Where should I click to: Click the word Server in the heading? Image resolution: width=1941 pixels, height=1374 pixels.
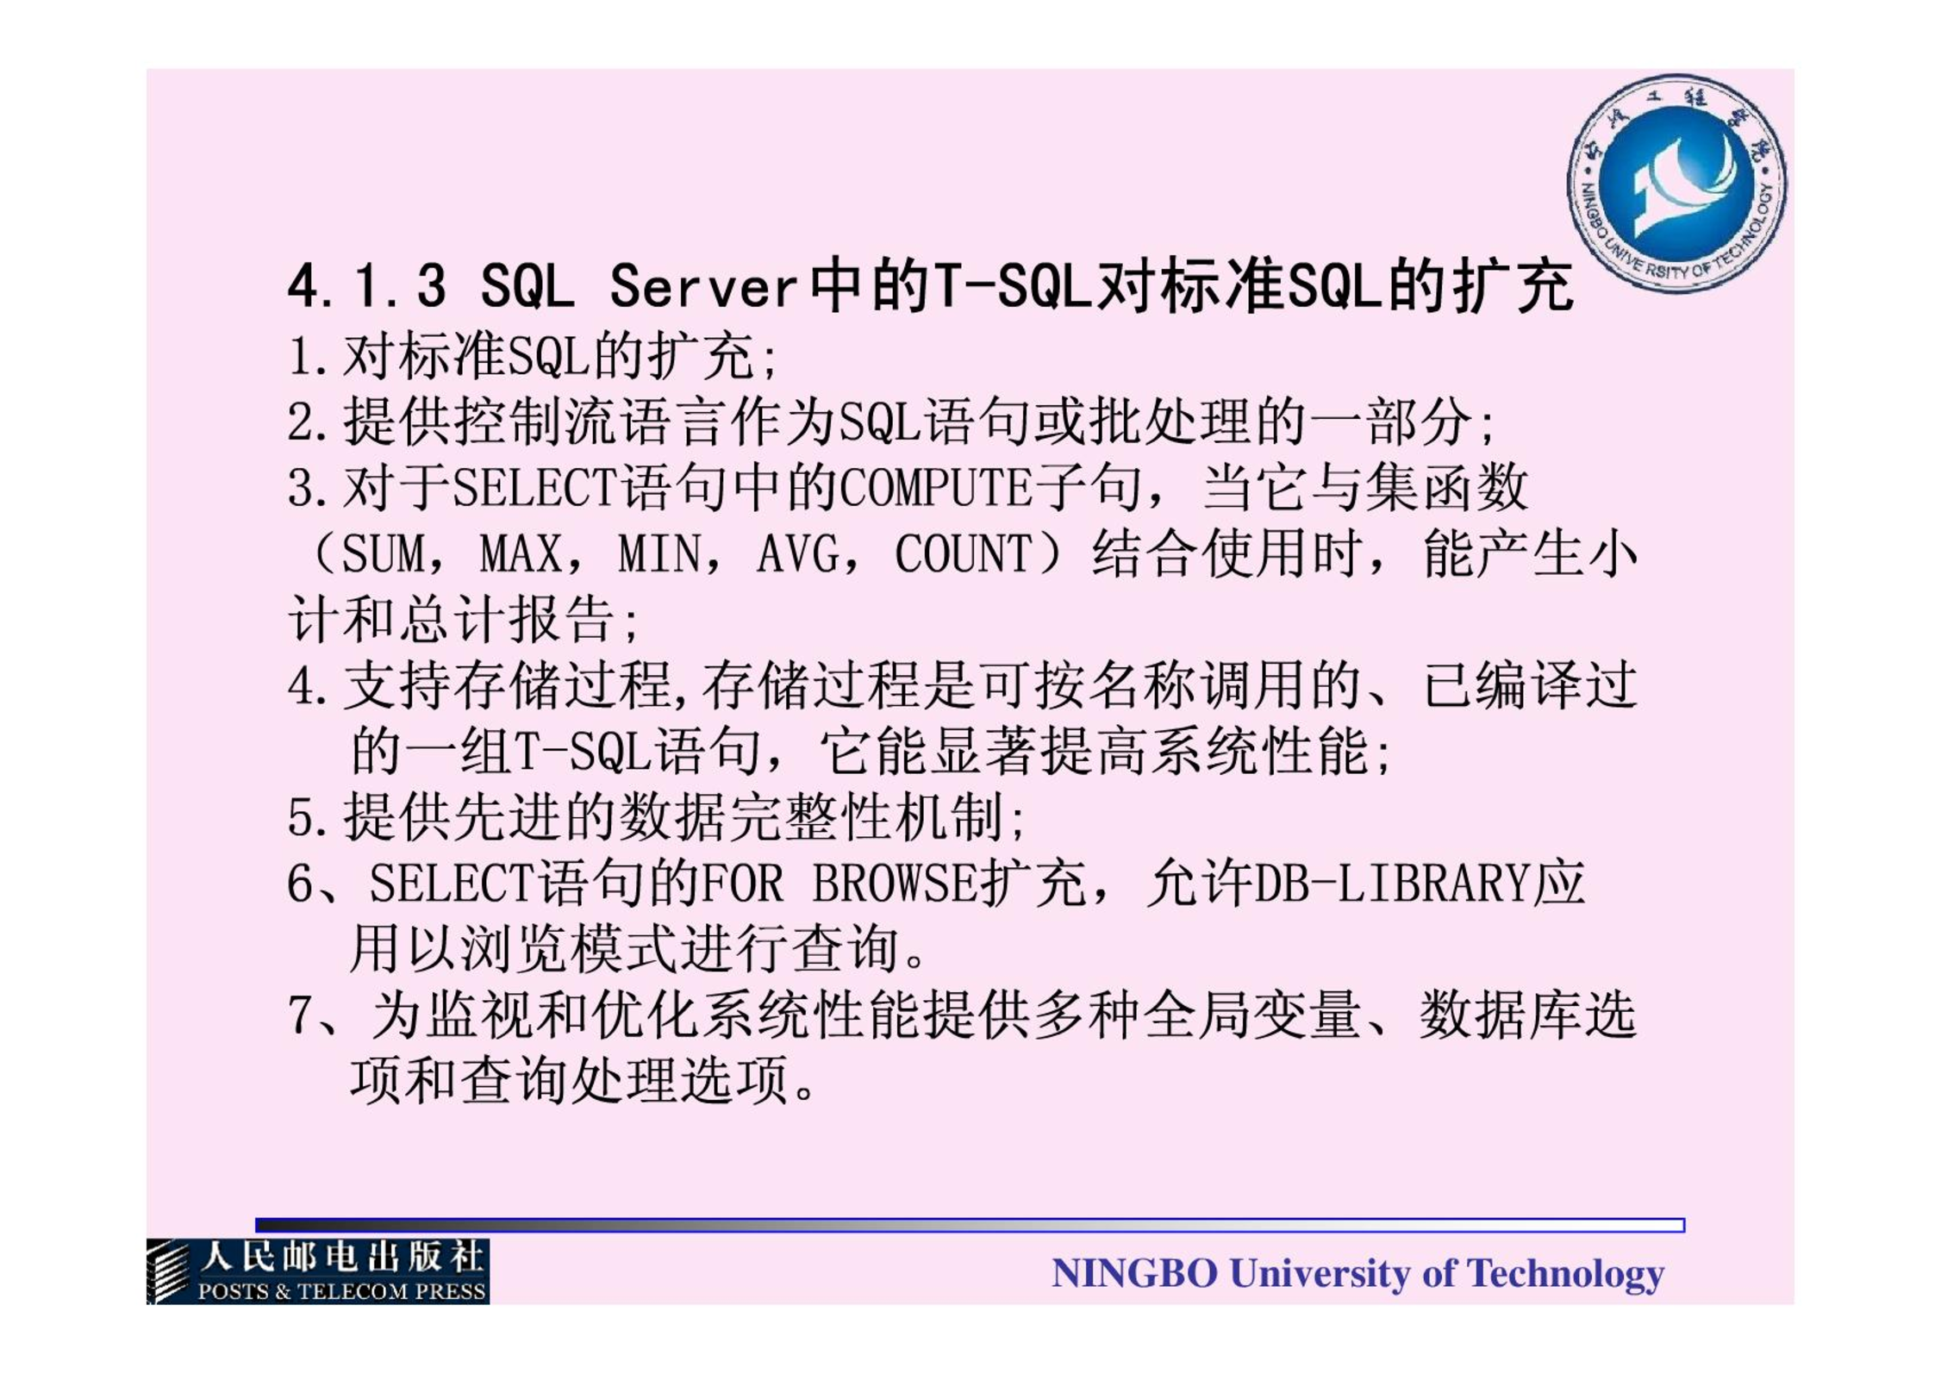702,286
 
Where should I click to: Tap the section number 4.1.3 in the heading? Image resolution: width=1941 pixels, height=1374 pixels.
367,286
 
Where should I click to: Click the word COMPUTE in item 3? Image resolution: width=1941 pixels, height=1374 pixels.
936,488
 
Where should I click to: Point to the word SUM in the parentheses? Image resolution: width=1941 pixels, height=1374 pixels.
383,553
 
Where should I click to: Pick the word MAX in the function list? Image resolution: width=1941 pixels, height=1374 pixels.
520,553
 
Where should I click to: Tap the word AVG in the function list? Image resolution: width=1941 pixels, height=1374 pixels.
797,553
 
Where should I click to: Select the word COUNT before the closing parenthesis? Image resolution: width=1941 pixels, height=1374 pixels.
963,553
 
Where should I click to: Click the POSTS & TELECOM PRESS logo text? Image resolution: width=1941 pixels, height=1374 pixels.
341,1291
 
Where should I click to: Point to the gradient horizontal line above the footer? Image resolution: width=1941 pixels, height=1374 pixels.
970,1225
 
